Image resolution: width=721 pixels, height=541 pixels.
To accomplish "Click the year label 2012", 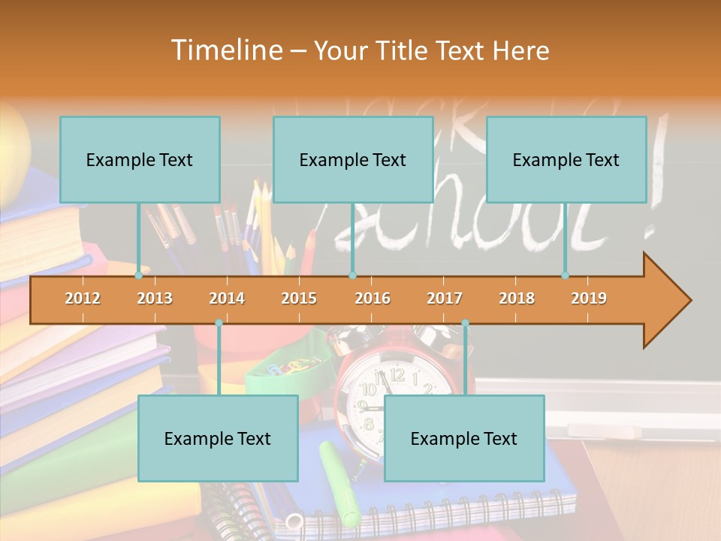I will pyautogui.click(x=83, y=298).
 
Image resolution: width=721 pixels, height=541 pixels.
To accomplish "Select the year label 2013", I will pyautogui.click(x=155, y=298).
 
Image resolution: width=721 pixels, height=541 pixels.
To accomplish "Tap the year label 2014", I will pyautogui.click(x=227, y=298).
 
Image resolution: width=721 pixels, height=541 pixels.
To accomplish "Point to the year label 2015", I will pyautogui.click(x=299, y=298).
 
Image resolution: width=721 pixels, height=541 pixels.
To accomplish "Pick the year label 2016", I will pyautogui.click(x=373, y=298).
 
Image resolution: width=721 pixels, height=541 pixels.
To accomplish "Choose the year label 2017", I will pyautogui.click(x=445, y=298).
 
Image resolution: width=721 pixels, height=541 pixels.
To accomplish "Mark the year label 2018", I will pyautogui.click(x=517, y=298).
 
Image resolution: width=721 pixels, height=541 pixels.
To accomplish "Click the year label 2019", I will pyautogui.click(x=589, y=298).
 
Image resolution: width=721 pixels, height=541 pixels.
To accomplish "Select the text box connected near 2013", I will pyautogui.click(x=140, y=159).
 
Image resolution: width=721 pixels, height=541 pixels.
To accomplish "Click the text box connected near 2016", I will pyautogui.click(x=353, y=159).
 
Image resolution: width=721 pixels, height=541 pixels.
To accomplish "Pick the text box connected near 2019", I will pyautogui.click(x=566, y=159).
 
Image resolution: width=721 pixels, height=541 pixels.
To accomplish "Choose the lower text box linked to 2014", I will pyautogui.click(x=218, y=438).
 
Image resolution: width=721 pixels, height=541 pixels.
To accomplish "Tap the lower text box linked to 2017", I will pyautogui.click(x=464, y=438).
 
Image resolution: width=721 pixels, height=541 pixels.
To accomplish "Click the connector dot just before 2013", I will pyautogui.click(x=139, y=276).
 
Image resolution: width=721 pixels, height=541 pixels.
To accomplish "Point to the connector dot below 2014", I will pyautogui.click(x=219, y=323).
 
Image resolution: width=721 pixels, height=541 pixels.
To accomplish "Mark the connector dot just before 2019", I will pyautogui.click(x=566, y=276).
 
